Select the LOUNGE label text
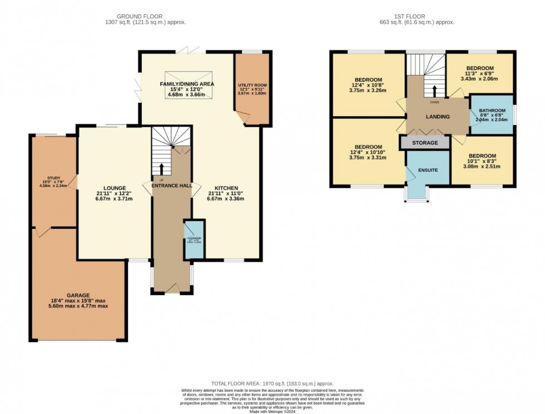(113, 188)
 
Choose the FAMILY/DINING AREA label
(187, 83)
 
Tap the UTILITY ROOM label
(252, 85)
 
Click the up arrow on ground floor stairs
(162, 169)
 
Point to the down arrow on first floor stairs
(434, 91)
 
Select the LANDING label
(438, 117)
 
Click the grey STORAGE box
(425, 143)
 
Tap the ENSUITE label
(427, 170)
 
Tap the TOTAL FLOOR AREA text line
(272, 384)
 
